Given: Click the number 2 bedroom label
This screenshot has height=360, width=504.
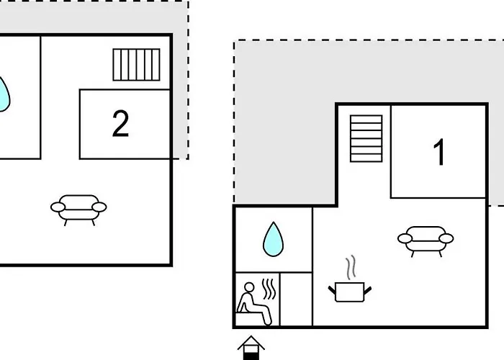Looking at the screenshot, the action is [120, 124].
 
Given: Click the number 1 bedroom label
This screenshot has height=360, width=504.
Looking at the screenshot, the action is [439, 153].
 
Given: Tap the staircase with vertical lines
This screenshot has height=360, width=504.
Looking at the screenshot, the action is [136, 65].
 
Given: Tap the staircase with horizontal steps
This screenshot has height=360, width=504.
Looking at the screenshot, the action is [366, 138].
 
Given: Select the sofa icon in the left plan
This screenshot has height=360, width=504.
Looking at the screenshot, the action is [78, 210].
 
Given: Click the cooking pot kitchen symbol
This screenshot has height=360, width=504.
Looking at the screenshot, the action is [350, 292].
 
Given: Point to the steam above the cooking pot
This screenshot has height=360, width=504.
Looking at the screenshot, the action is [351, 267].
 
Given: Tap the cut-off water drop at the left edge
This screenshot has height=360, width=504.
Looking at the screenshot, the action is [4, 94].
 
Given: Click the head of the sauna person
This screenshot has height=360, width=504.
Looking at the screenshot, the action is [249, 287].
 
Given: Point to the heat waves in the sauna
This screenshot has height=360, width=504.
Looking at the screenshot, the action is [269, 289].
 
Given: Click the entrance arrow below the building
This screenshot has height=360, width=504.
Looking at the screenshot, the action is [251, 348].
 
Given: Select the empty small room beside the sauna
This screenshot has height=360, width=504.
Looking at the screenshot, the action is [296, 300].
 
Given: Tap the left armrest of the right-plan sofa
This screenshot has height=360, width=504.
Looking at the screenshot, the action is [405, 238].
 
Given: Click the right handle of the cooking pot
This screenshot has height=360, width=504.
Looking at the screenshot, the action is [368, 290].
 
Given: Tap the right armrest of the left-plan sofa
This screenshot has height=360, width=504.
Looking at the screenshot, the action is [99, 207].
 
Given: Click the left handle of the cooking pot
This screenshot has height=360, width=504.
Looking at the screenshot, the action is [332, 290].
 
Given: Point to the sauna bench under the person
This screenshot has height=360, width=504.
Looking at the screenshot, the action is [251, 319].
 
